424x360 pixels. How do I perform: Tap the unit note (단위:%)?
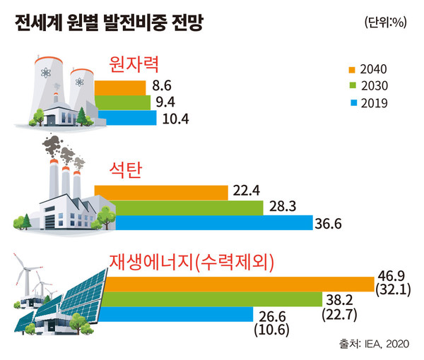pos(386,23)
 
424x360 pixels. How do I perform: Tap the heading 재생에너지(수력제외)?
pos(192,262)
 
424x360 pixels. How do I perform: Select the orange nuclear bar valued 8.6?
pos(120,88)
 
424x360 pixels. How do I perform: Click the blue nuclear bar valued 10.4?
pos(127,118)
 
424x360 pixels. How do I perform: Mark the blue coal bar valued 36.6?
pos(212,223)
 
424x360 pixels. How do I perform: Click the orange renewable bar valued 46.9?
pos(240,283)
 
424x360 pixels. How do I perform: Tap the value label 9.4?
pos(165,102)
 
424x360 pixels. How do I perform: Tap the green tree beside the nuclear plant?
pos(84,113)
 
